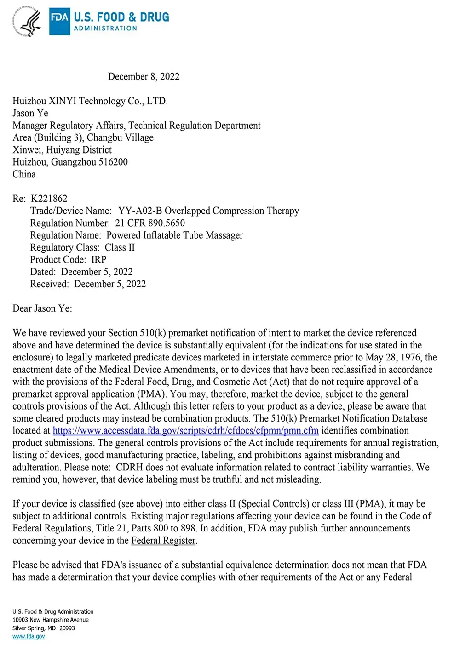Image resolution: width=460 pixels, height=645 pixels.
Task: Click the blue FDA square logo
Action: pos(60,21)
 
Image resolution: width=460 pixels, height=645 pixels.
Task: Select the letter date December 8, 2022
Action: pos(144,76)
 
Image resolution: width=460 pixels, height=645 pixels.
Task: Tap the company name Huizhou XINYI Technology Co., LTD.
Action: pos(90,101)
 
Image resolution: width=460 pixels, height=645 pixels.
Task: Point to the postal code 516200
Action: pos(113,162)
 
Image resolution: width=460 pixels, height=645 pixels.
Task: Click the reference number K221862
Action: pos(49,199)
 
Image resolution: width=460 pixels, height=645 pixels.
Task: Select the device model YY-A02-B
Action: pos(140,211)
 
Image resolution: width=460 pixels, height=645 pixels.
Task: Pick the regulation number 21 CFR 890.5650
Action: pos(150,223)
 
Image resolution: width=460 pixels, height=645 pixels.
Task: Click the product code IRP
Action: pos(99,260)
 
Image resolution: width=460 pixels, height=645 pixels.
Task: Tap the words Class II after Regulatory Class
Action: pos(120,247)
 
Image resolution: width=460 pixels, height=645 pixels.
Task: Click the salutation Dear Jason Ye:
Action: pos(42,308)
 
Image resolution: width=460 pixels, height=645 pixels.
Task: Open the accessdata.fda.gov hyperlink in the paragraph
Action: pos(186,431)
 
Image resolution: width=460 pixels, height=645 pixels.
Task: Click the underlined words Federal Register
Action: pos(164,541)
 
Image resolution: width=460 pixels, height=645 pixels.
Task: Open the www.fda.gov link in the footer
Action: pos(29,636)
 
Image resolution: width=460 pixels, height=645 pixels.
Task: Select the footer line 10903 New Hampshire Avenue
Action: pos(51,620)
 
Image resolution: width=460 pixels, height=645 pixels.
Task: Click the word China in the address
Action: pos(24,174)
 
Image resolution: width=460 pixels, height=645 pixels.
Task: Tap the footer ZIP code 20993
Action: pos(67,628)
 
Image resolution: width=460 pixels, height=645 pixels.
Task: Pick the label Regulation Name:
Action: pos(65,235)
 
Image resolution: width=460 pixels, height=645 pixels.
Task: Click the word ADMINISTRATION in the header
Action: pos(105,29)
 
